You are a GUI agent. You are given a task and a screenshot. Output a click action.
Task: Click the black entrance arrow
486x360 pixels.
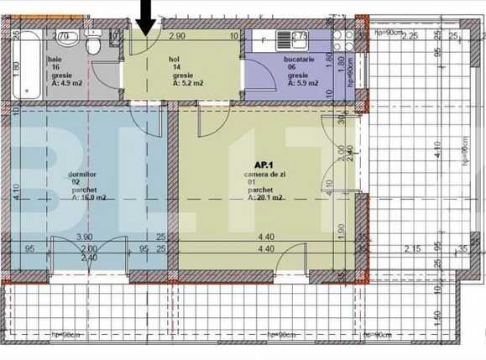(x=147, y=16)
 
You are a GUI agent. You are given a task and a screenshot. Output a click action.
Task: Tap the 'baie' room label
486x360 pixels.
(x=55, y=60)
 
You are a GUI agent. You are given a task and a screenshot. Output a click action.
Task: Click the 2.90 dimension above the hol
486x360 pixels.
(x=176, y=37)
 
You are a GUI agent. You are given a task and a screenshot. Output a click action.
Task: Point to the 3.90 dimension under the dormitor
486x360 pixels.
(x=86, y=237)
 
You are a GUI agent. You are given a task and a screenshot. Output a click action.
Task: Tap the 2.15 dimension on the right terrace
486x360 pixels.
(x=412, y=248)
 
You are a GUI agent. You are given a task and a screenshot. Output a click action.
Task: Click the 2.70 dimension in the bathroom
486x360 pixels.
(x=60, y=37)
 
